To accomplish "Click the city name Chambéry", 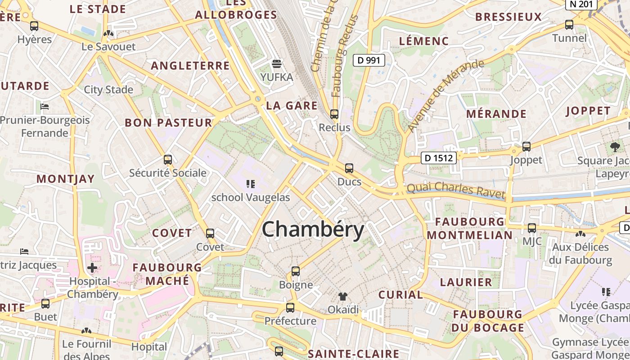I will coord(313,229).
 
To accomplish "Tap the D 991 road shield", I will coord(369,60).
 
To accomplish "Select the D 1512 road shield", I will coord(439,158).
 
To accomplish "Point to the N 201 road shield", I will coord(581,4).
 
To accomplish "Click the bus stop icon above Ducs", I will coord(349,169).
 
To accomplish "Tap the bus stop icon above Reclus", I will coord(334,114).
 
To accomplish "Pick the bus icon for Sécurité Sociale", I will coord(168,160).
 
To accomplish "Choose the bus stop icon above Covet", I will coord(210,234).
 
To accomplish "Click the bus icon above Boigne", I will coord(296,271).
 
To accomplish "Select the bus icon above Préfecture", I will coord(290,308).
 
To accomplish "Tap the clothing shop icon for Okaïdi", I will coord(343,297).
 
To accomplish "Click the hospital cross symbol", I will coord(92,268).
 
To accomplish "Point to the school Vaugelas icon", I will coord(251,184).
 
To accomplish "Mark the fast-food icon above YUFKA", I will coord(277,64).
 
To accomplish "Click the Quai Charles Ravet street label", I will coord(455,190).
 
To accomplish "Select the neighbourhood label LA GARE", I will coord(292,106).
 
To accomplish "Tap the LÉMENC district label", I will coord(424,41).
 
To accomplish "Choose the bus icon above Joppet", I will coord(526,146).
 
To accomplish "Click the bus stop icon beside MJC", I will coord(532,228).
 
